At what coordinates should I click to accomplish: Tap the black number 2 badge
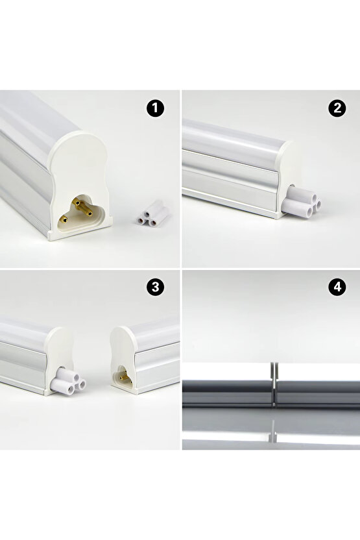(336, 109)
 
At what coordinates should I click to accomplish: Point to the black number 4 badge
(336, 288)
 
